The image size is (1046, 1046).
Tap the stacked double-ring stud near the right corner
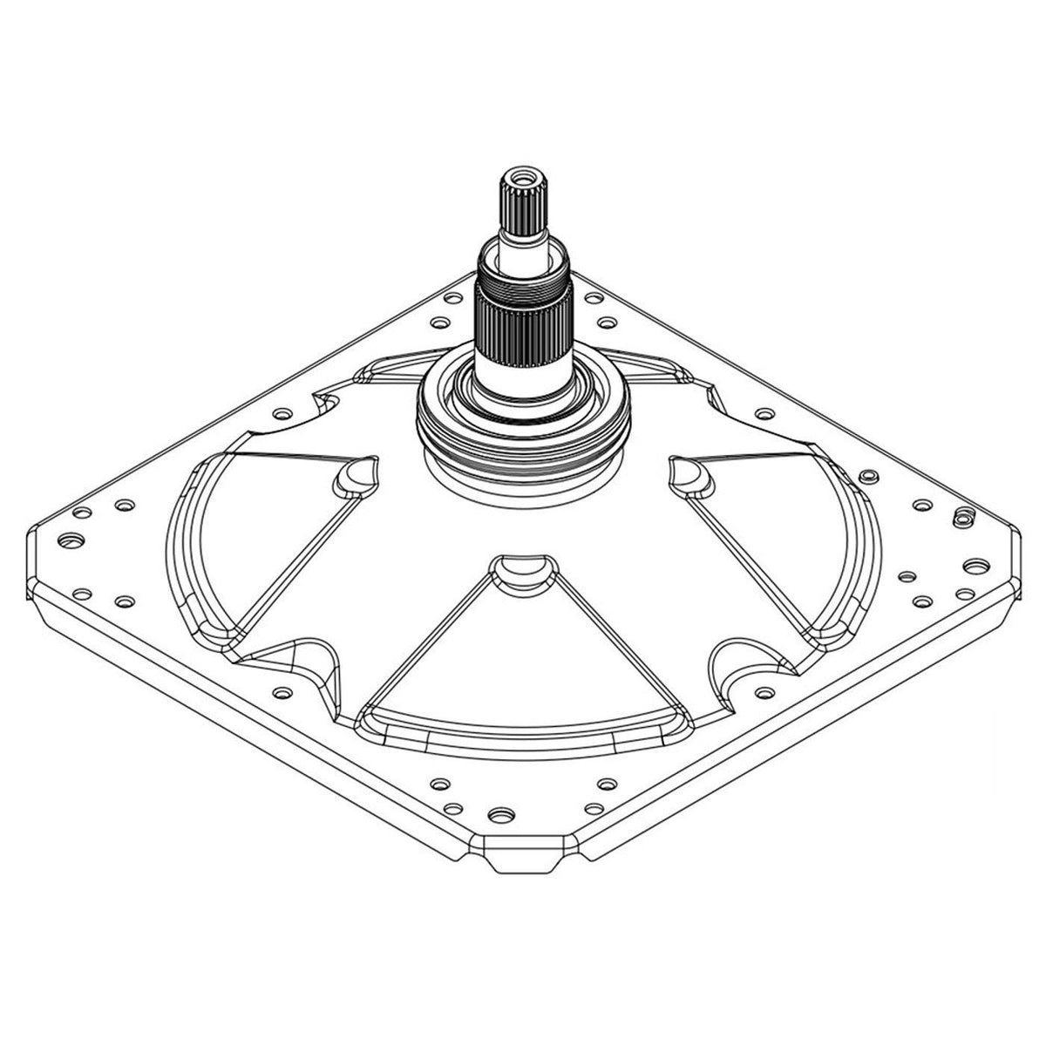961,517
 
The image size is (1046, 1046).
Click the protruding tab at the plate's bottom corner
526,859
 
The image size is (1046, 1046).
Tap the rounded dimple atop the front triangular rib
520,571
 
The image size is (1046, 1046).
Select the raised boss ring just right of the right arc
867,477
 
